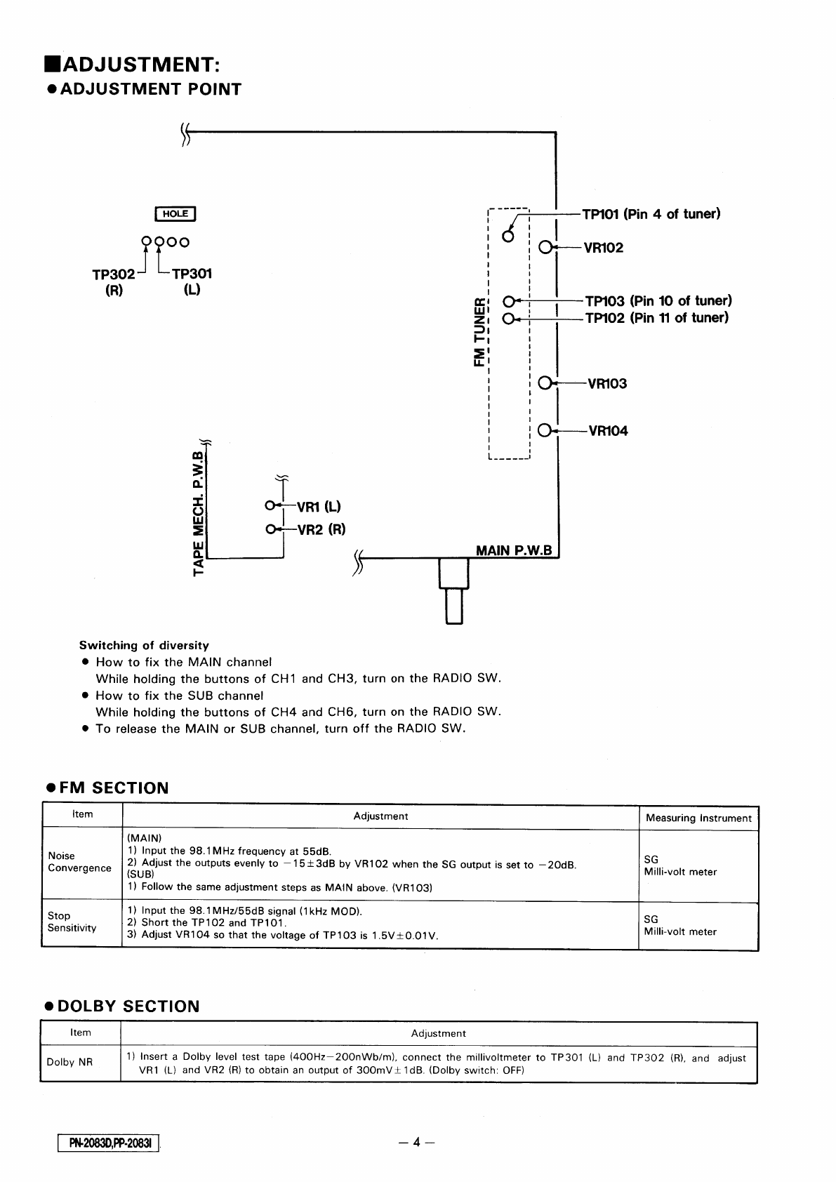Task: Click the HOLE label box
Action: pyautogui.click(x=175, y=214)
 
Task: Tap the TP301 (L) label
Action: pyautogui.click(x=192, y=281)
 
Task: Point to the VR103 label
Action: pyautogui.click(x=607, y=384)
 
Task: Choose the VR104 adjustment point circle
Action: pyautogui.click(x=545, y=430)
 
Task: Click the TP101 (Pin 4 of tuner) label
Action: pyautogui.click(x=651, y=214)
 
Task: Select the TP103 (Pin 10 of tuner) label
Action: pyautogui.click(x=658, y=301)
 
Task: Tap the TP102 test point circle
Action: pyautogui.click(x=509, y=318)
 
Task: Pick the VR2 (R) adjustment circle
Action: pyautogui.click(x=270, y=529)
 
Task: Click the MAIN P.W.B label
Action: pyautogui.click(x=514, y=550)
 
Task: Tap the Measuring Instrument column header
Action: pyautogui.click(x=698, y=818)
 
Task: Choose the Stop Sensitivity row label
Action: pyautogui.click(x=72, y=922)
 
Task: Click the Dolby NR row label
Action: pyautogui.click(x=69, y=1062)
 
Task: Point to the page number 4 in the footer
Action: pyautogui.click(x=416, y=1142)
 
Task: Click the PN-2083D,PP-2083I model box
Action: pyautogui.click(x=110, y=1143)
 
